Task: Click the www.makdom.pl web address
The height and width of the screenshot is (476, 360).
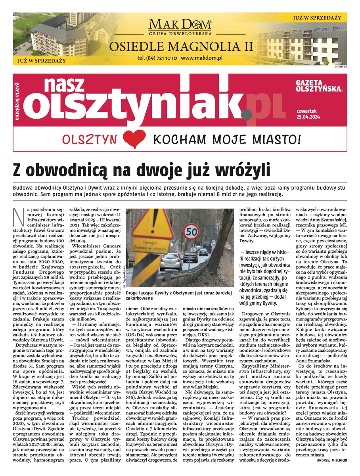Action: pos(201,58)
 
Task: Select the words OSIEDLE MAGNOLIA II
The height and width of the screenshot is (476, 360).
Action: pos(180,46)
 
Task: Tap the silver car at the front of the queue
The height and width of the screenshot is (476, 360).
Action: pos(171,262)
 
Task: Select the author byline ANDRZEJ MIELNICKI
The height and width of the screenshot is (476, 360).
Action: pos(332,461)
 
